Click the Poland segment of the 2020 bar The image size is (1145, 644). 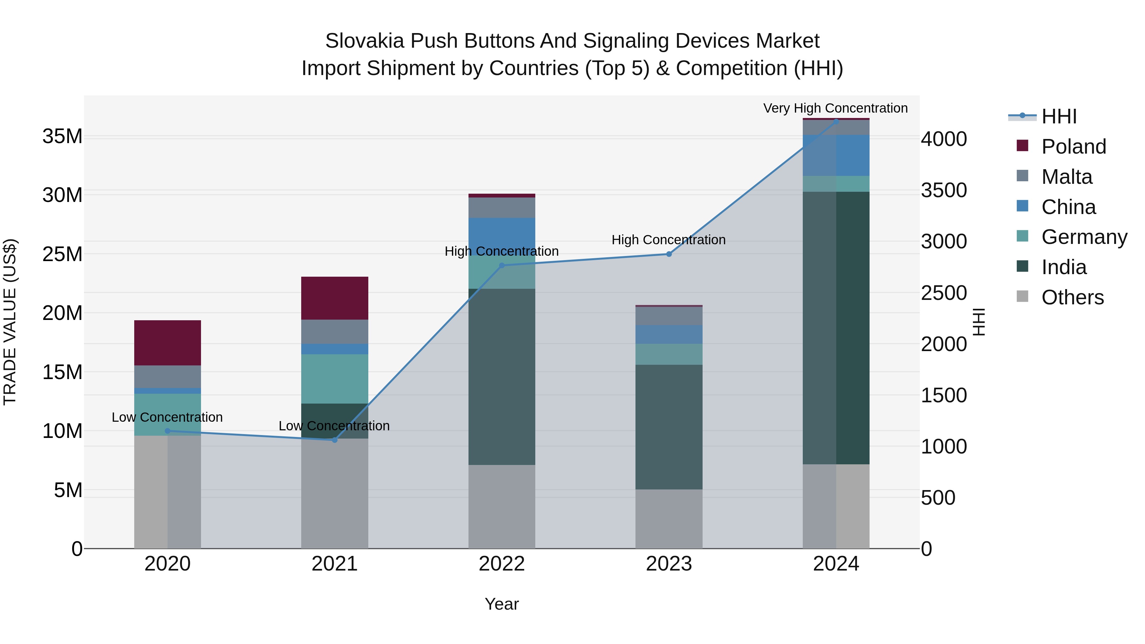coord(168,343)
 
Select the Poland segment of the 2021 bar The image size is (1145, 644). coord(335,298)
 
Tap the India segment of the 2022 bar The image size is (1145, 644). coord(502,377)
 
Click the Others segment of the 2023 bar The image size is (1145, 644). coord(669,519)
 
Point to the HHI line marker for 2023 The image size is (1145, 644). coord(669,254)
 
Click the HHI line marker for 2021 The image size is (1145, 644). coord(335,440)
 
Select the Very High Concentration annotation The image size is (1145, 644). coord(835,108)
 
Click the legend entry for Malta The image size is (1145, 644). coord(1067,177)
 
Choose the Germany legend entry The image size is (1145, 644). coord(1084,237)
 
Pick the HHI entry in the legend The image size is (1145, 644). coord(1059,116)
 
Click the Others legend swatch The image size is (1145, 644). coord(1022,296)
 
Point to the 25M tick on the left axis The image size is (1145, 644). coord(62,254)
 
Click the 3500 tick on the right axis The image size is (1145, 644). coord(944,190)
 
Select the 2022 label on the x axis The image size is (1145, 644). coord(502,564)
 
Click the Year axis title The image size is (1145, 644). coord(502,604)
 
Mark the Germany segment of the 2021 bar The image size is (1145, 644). coord(335,379)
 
